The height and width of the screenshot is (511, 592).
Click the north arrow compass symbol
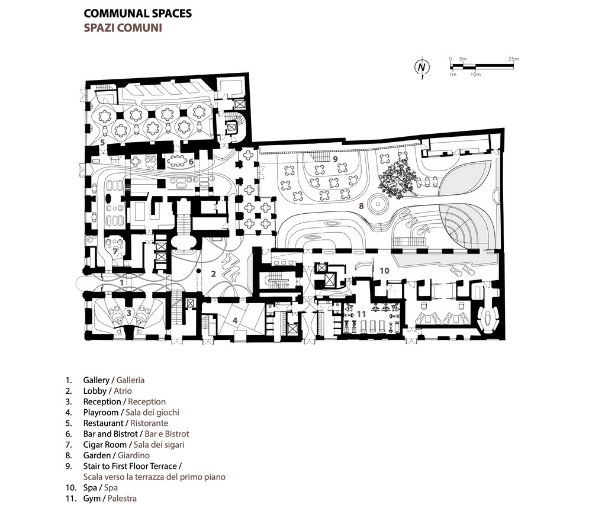(422, 68)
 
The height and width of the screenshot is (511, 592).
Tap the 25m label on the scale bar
(513, 59)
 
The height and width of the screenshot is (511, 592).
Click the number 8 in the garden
(361, 206)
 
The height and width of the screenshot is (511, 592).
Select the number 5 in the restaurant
(102, 143)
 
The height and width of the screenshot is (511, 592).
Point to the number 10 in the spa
(384, 271)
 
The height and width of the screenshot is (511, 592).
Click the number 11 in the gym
(361, 314)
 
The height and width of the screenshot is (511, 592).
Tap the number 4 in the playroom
(235, 321)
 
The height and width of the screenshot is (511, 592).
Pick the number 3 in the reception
(129, 313)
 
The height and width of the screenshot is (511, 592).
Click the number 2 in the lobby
(213, 274)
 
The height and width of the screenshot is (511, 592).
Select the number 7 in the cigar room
(115, 251)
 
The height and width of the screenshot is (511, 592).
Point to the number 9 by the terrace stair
(335, 159)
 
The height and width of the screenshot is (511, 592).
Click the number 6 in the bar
(191, 162)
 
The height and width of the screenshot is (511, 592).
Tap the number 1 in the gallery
(121, 282)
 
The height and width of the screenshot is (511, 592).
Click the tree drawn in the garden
(397, 176)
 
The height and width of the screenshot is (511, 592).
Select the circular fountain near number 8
(378, 204)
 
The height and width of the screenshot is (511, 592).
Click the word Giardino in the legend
(134, 455)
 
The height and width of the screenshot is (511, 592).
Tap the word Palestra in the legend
(122, 499)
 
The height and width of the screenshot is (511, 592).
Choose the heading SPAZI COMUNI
(123, 28)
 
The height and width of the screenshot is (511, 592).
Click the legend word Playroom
(101, 413)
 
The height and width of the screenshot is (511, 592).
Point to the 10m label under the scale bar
(476, 75)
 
